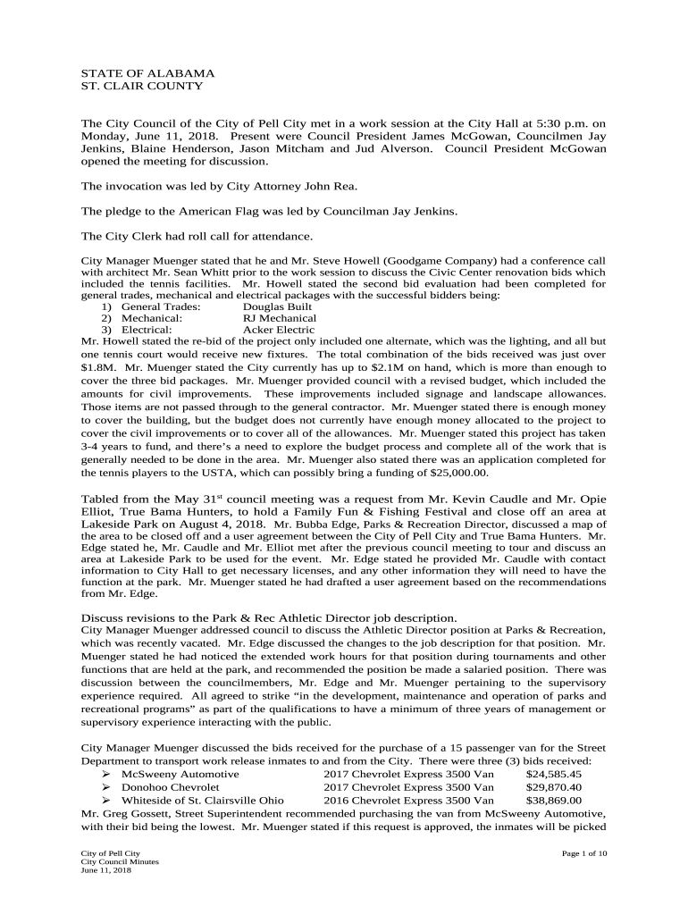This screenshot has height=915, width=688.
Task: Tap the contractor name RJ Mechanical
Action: tap(279, 317)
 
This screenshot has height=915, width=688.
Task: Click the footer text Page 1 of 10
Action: tap(584, 853)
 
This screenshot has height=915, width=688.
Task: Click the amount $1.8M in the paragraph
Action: tap(97, 366)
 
